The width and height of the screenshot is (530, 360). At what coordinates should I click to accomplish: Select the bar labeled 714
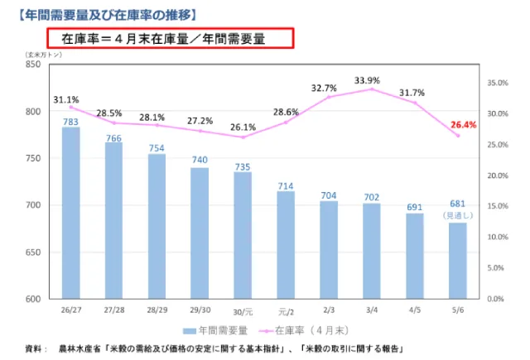285,244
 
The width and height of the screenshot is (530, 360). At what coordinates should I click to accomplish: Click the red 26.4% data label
464,126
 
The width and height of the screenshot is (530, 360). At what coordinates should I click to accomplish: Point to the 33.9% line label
367,80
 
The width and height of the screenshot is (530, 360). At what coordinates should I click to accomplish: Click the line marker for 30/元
243,137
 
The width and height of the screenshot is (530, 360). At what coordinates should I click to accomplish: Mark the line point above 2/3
328,97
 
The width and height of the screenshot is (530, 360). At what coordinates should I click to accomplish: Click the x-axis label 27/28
113,309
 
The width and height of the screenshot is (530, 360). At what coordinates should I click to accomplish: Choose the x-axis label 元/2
286,310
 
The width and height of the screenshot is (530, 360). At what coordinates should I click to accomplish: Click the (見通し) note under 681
458,215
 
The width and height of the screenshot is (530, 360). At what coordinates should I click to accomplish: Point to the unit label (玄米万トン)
36,53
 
